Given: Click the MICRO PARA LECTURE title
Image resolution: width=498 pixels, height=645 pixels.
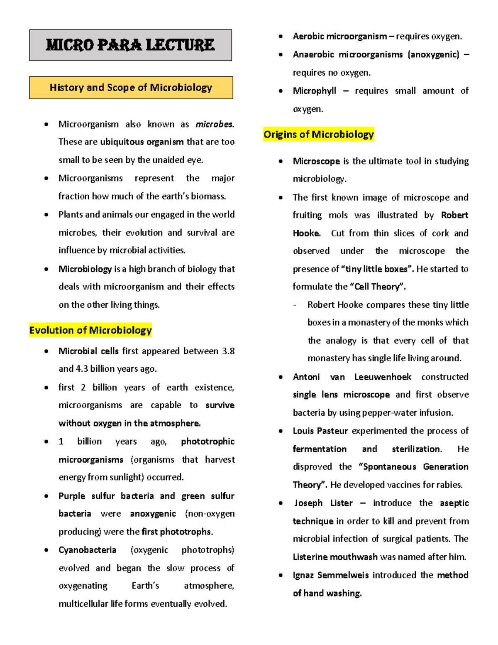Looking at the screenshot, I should click(x=130, y=45).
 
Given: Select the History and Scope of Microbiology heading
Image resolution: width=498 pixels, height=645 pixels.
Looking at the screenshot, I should click(x=131, y=88).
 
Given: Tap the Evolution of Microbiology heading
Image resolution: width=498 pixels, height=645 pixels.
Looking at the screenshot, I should click(x=90, y=330).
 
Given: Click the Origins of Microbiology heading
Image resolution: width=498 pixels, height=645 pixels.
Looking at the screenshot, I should click(x=318, y=134).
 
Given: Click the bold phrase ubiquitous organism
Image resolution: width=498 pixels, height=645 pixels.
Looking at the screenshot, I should click(x=142, y=142).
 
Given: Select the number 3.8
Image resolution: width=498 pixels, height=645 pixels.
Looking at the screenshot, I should click(x=228, y=351).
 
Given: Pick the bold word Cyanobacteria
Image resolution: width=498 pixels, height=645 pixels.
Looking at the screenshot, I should click(x=87, y=550).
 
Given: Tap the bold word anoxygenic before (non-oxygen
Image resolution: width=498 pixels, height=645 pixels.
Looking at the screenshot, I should click(x=153, y=514).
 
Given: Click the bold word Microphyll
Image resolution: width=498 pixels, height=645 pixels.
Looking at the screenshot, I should click(x=314, y=91).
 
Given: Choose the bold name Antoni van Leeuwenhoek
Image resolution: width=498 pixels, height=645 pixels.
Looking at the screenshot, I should click(x=352, y=377).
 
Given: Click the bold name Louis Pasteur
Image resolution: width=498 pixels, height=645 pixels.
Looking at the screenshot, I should click(x=320, y=431).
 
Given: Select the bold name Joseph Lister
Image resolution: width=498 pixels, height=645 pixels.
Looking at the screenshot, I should click(x=323, y=503).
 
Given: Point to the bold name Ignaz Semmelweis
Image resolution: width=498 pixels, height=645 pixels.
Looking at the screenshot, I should click(x=331, y=575).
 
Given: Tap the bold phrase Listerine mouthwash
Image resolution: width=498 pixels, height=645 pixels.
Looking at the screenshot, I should click(x=335, y=557).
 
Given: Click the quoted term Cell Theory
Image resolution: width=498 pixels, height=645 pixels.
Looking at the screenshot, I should click(x=378, y=287).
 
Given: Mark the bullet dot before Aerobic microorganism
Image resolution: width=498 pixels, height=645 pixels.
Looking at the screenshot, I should click(x=281, y=37).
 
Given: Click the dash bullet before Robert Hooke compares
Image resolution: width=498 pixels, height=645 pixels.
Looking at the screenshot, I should click(x=295, y=305).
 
